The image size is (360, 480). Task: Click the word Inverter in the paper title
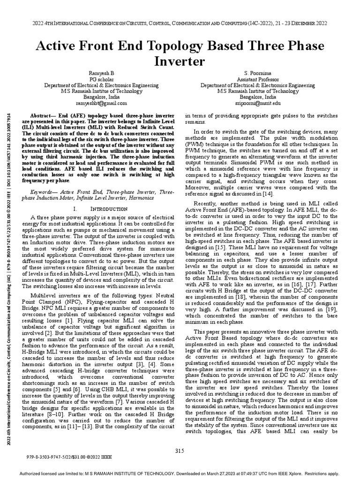[x=180, y=61]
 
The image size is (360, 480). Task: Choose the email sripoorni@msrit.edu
[x=261, y=103]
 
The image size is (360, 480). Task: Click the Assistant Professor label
[x=261, y=80]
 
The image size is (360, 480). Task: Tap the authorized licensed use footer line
[x=180, y=473]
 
